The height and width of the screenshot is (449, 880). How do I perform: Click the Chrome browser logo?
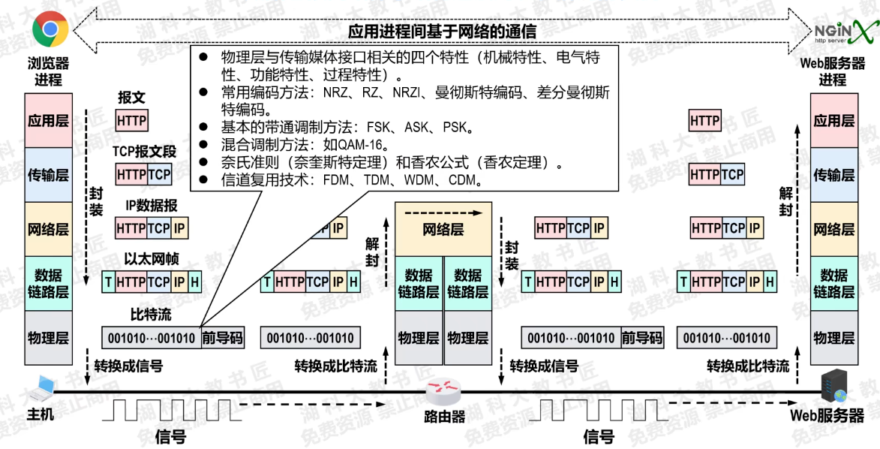[50, 30]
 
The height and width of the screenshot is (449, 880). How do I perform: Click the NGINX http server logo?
[845, 31]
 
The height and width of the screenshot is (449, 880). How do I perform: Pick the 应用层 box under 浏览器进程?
[48, 120]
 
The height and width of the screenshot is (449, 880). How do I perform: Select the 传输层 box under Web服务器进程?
[833, 175]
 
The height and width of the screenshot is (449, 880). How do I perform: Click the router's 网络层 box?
[443, 229]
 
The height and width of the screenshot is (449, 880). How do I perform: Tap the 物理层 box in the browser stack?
[48, 337]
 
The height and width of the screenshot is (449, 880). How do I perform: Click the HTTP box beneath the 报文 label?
[132, 120]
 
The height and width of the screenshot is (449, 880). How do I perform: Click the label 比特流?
[150, 314]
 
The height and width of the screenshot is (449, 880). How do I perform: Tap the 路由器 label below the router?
[445, 417]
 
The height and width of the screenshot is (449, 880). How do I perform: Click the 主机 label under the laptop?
[41, 415]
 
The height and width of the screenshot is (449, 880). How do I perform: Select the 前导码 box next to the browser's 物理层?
[223, 338]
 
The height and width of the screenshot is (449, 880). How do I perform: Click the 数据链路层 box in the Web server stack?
[833, 283]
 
